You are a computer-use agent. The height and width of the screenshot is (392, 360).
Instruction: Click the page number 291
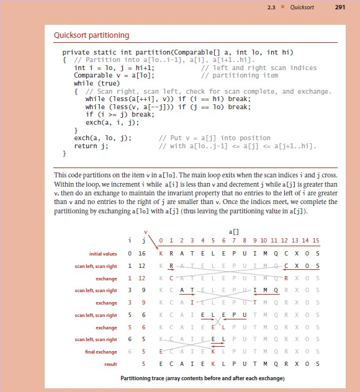(x=339, y=7)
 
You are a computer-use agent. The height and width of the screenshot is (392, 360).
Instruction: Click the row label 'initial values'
(x=103, y=253)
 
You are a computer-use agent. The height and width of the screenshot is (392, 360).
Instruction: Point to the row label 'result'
(x=110, y=364)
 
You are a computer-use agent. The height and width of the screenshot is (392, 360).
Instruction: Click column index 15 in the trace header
(x=315, y=240)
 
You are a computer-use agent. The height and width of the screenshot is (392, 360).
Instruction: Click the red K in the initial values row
(x=161, y=253)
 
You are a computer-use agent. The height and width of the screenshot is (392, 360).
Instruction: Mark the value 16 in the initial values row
(x=142, y=253)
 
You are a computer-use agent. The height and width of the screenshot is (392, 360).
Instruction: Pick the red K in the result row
(x=214, y=364)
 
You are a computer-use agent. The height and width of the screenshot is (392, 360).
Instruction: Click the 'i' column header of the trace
(x=130, y=240)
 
